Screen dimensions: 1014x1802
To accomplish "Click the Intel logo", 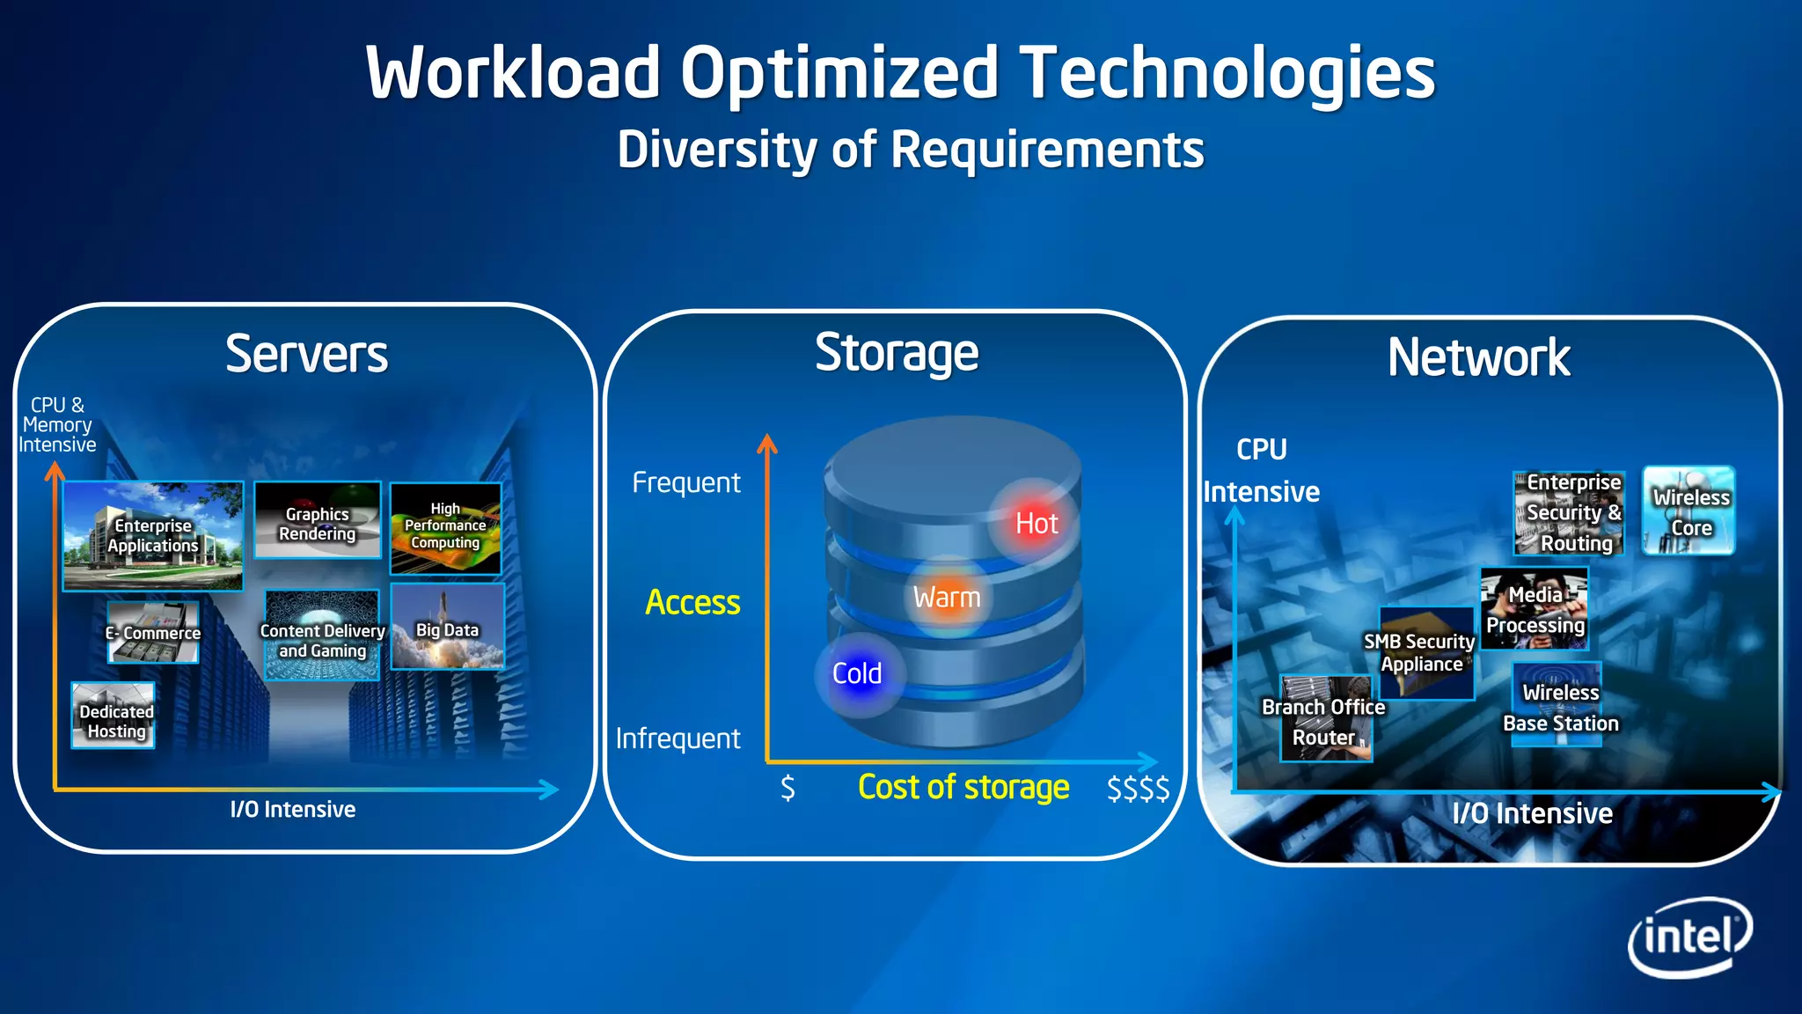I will click(x=1689, y=937).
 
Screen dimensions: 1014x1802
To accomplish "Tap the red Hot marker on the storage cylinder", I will click(x=1036, y=523).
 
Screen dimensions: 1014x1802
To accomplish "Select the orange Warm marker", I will click(x=947, y=598).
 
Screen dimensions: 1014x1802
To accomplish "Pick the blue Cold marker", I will click(x=858, y=674).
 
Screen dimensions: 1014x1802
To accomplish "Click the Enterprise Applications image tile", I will click(x=153, y=535).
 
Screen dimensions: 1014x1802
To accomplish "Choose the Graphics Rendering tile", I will click(x=318, y=520).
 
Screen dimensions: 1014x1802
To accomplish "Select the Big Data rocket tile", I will click(x=448, y=628).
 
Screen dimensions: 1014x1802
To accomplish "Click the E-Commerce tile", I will click(x=153, y=632).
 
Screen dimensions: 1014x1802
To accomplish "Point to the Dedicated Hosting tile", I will click(x=114, y=716).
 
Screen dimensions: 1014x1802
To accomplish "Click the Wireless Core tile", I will click(x=1688, y=511).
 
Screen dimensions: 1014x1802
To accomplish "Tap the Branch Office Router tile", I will click(x=1325, y=719).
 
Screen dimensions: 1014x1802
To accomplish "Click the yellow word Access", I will click(x=692, y=603).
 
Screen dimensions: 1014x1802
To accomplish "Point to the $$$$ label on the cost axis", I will click(x=1137, y=788).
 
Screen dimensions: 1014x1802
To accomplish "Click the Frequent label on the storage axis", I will click(x=686, y=482).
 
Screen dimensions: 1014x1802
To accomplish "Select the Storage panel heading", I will click(x=896, y=354).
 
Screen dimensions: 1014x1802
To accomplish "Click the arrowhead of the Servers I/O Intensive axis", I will click(x=551, y=790).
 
